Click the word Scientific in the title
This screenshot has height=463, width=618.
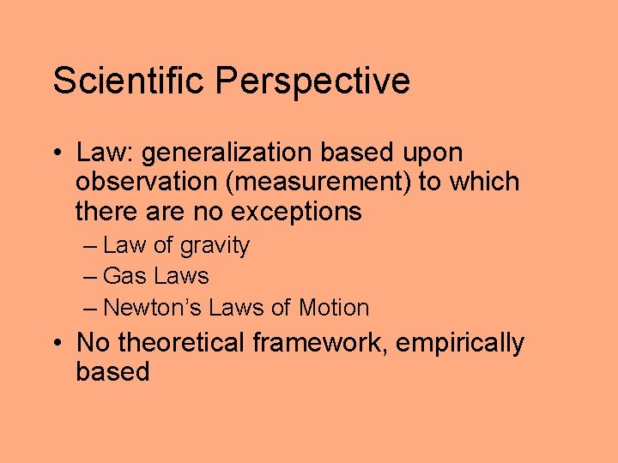[x=130, y=81]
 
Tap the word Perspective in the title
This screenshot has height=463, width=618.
[x=312, y=82]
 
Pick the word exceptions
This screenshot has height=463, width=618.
[x=297, y=211]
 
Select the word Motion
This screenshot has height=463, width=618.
[x=335, y=307]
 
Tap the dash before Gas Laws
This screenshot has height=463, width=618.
[x=91, y=276]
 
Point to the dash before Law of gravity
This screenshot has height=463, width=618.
[x=91, y=246]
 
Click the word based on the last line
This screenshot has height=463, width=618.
[x=112, y=371]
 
